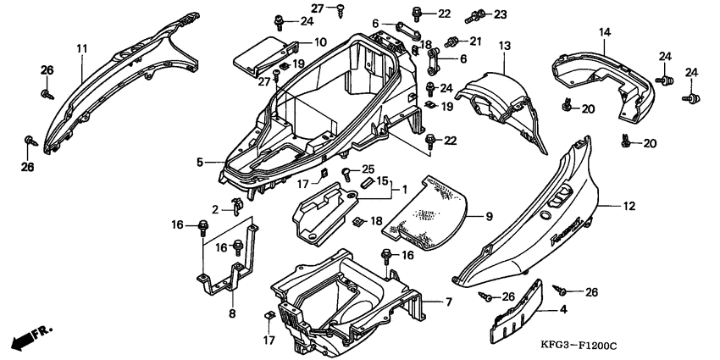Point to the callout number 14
(x=605, y=33)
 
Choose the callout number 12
(x=629, y=206)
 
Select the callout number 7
(x=450, y=302)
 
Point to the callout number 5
(x=200, y=161)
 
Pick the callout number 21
(x=475, y=41)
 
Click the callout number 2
(x=216, y=209)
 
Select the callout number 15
(x=383, y=180)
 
